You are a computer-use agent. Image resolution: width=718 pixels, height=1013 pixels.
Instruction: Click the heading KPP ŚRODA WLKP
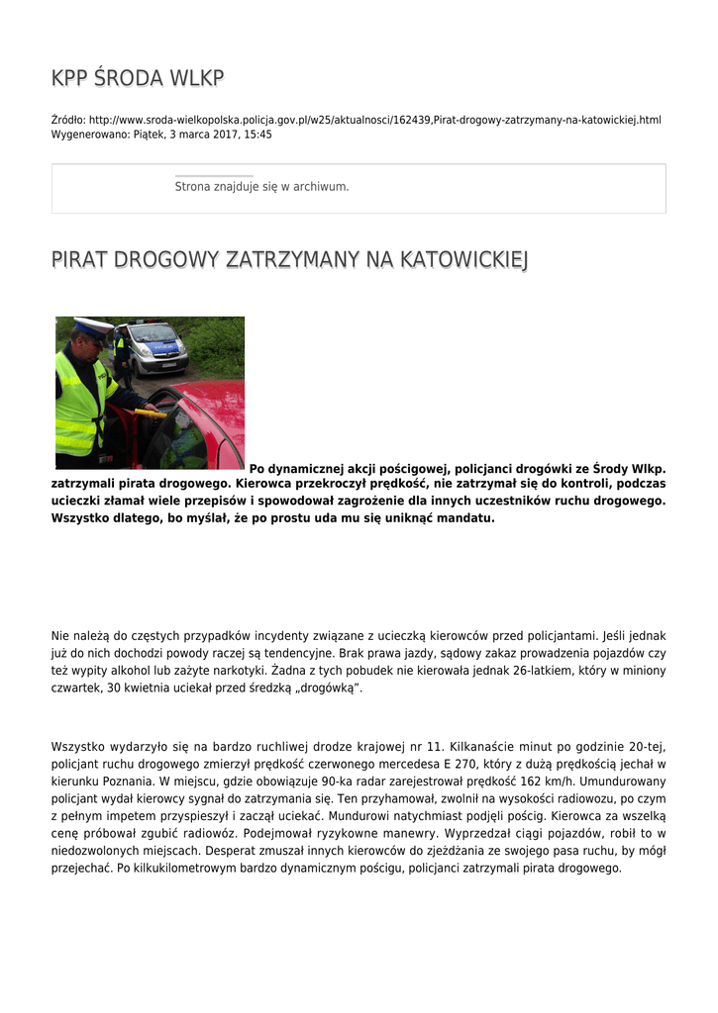[138, 78]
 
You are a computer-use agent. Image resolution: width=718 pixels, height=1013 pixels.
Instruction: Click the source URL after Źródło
[374, 120]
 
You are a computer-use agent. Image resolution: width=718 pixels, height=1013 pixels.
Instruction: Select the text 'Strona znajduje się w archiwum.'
[261, 186]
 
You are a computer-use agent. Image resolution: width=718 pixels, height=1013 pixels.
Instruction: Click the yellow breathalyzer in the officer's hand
[152, 414]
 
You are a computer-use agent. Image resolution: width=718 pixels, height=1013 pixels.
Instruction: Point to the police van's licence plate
[168, 365]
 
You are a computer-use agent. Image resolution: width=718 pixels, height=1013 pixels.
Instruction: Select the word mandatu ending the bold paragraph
[461, 517]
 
